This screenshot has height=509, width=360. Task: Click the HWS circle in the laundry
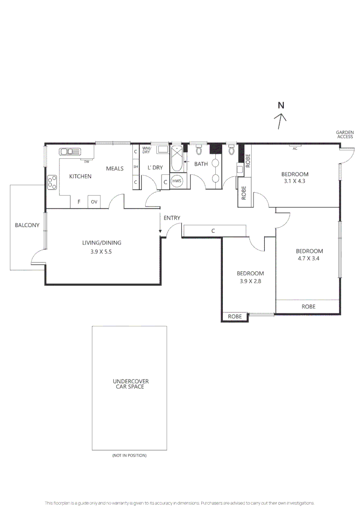coord(177,181)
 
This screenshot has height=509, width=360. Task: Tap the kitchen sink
coord(69,152)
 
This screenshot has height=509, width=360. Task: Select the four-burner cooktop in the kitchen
coord(52,182)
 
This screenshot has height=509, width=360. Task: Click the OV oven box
coord(94,202)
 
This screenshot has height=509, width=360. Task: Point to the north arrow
coord(280,121)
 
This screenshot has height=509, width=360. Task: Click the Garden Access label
coord(345,134)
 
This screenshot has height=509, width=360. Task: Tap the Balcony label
coord(27,225)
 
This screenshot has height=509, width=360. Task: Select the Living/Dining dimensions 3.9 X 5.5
coord(101,252)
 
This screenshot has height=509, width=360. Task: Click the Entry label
coord(172,218)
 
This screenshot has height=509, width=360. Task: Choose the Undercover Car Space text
coord(131,384)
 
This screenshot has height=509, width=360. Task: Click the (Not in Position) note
coord(129,455)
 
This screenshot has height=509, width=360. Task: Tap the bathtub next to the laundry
coord(177,159)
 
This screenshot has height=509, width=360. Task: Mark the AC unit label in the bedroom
coord(295,148)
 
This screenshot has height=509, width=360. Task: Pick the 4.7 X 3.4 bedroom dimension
coord(308,258)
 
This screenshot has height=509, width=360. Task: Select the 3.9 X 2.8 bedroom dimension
coord(250,281)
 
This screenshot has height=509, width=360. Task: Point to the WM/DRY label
coord(147,150)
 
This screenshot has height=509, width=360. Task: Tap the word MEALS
coord(115,168)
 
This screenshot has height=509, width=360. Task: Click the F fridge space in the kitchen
coord(79,202)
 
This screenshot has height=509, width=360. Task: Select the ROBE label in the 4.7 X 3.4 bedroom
coord(308,306)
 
